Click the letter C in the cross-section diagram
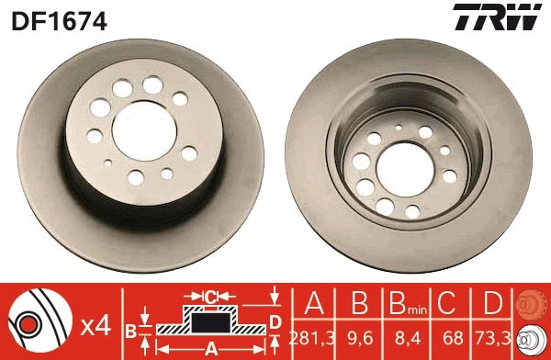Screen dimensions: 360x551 (211, 296)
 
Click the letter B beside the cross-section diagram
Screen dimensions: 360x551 (131, 329)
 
